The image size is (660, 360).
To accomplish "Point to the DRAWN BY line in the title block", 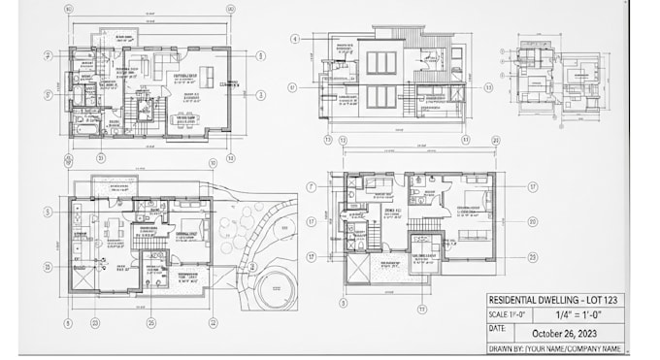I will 554,347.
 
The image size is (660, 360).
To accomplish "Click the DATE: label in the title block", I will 498,330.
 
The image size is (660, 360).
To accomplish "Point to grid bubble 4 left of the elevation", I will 294,39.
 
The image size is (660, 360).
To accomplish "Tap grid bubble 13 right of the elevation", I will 488,86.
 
